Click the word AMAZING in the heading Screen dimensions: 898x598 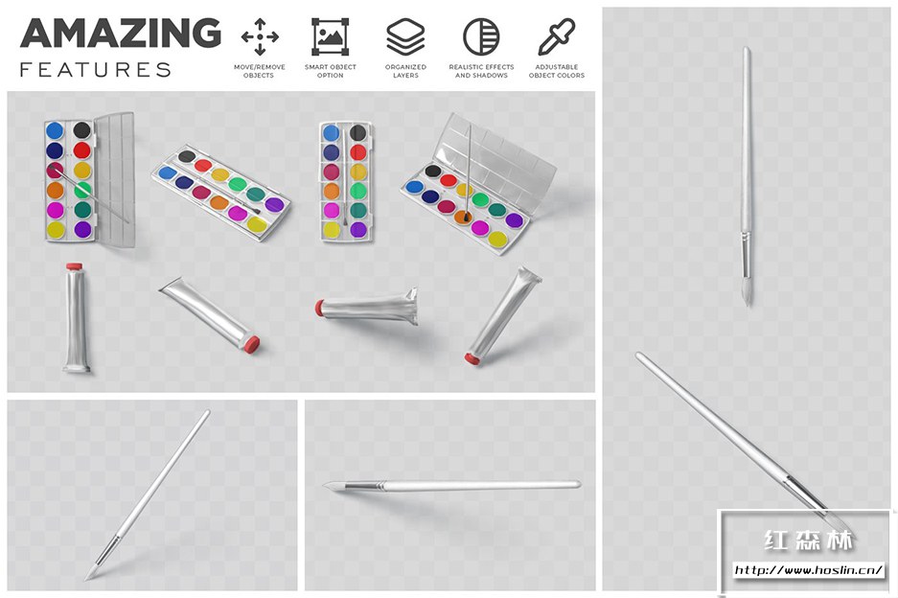coord(121,34)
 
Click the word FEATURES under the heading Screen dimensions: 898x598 coord(96,70)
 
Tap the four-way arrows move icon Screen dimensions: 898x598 coord(260,36)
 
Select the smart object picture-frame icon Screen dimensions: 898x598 coord(330,36)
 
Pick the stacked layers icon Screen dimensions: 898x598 coord(405,36)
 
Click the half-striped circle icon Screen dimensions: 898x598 coord(481,36)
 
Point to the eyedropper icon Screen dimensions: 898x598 coord(556,37)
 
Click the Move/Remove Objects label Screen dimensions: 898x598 coord(259,71)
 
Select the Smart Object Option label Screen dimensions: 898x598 coord(331,71)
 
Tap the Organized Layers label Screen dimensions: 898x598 coord(405,71)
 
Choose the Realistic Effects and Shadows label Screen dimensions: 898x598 coord(481,71)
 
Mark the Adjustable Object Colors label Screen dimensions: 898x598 coord(557,71)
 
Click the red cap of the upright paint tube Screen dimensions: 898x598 coord(75,266)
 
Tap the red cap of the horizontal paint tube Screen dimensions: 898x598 coord(319,308)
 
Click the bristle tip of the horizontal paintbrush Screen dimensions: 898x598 coord(333,486)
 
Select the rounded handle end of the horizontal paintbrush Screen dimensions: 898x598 coord(577,484)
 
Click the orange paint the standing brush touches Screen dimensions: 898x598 coord(463,218)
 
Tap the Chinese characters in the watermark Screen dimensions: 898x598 coord(808,540)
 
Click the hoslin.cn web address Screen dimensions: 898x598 coord(809,570)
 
